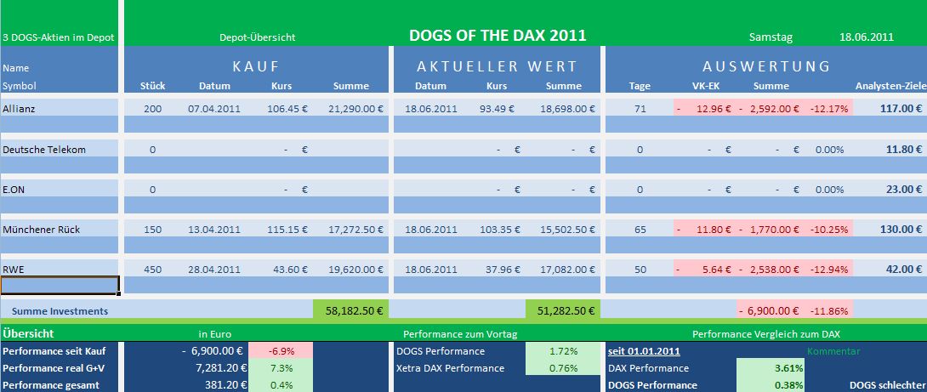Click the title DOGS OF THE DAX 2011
click(498, 36)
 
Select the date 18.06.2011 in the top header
click(866, 37)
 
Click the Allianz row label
click(19, 109)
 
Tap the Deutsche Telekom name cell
click(44, 150)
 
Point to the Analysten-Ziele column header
click(889, 86)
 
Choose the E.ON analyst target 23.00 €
click(904, 190)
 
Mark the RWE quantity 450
click(152, 270)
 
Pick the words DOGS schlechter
click(887, 385)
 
